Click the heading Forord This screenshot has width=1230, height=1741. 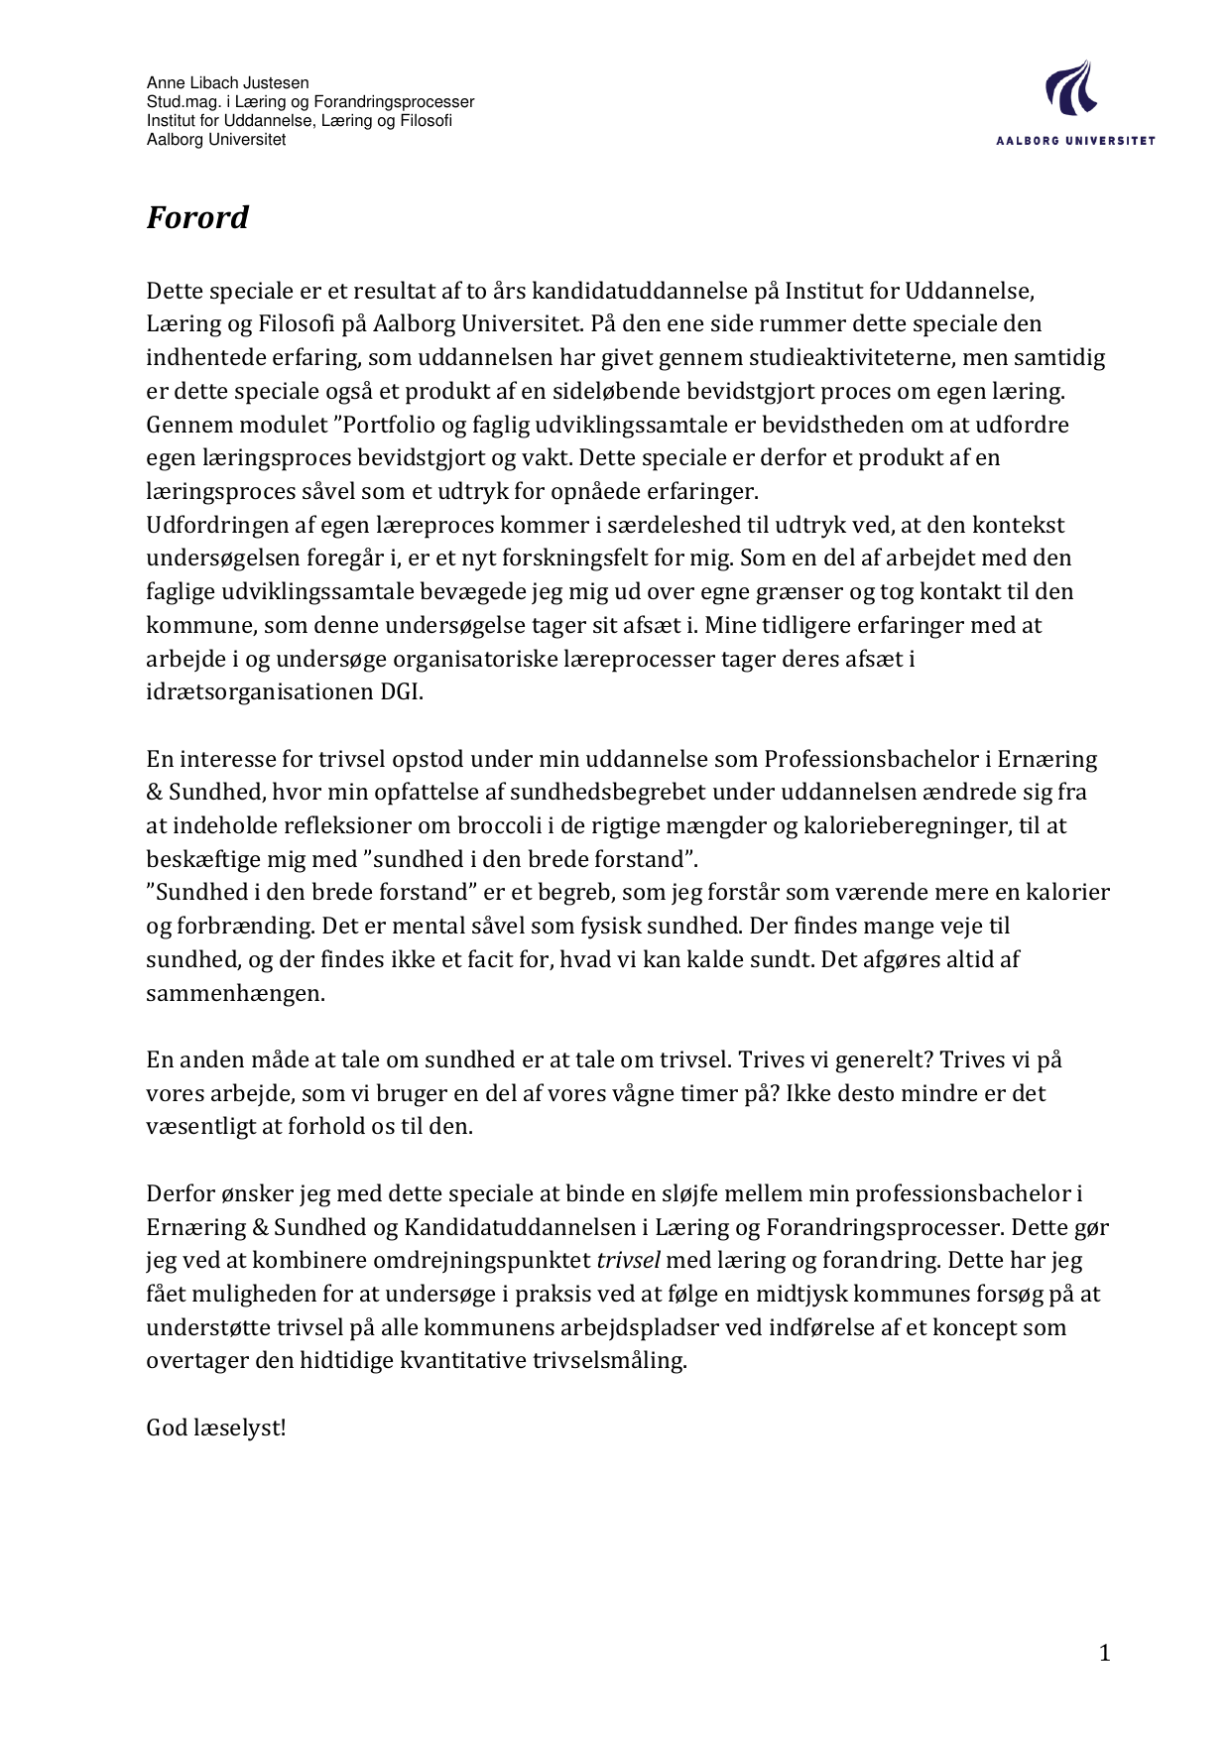pos(197,217)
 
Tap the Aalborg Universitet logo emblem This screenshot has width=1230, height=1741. pos(1070,88)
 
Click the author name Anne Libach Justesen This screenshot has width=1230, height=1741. pos(227,83)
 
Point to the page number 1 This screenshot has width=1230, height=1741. pos(1105,1652)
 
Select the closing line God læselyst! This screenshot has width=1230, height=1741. pos(216,1428)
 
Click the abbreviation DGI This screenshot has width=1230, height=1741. pos(402,691)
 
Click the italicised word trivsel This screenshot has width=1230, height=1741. pos(628,1260)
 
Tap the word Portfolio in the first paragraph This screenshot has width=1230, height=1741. pos(388,425)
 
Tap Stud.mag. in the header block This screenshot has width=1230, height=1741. pos(180,102)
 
